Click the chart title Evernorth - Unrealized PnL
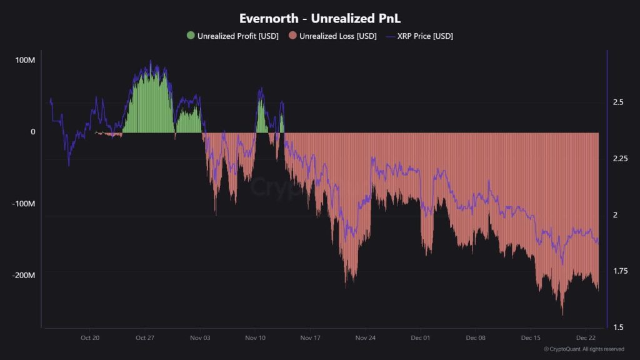click(x=319, y=18)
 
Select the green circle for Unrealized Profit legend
click(x=191, y=36)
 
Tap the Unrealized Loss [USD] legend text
click(x=337, y=36)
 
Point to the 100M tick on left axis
click(x=25, y=60)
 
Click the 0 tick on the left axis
click(x=33, y=132)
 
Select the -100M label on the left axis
click(x=24, y=204)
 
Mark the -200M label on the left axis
click(x=24, y=276)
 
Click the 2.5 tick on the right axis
click(x=618, y=101)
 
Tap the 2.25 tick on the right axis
click(x=620, y=158)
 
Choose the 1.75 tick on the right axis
click(x=620, y=271)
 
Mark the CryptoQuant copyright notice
click(x=584, y=349)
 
